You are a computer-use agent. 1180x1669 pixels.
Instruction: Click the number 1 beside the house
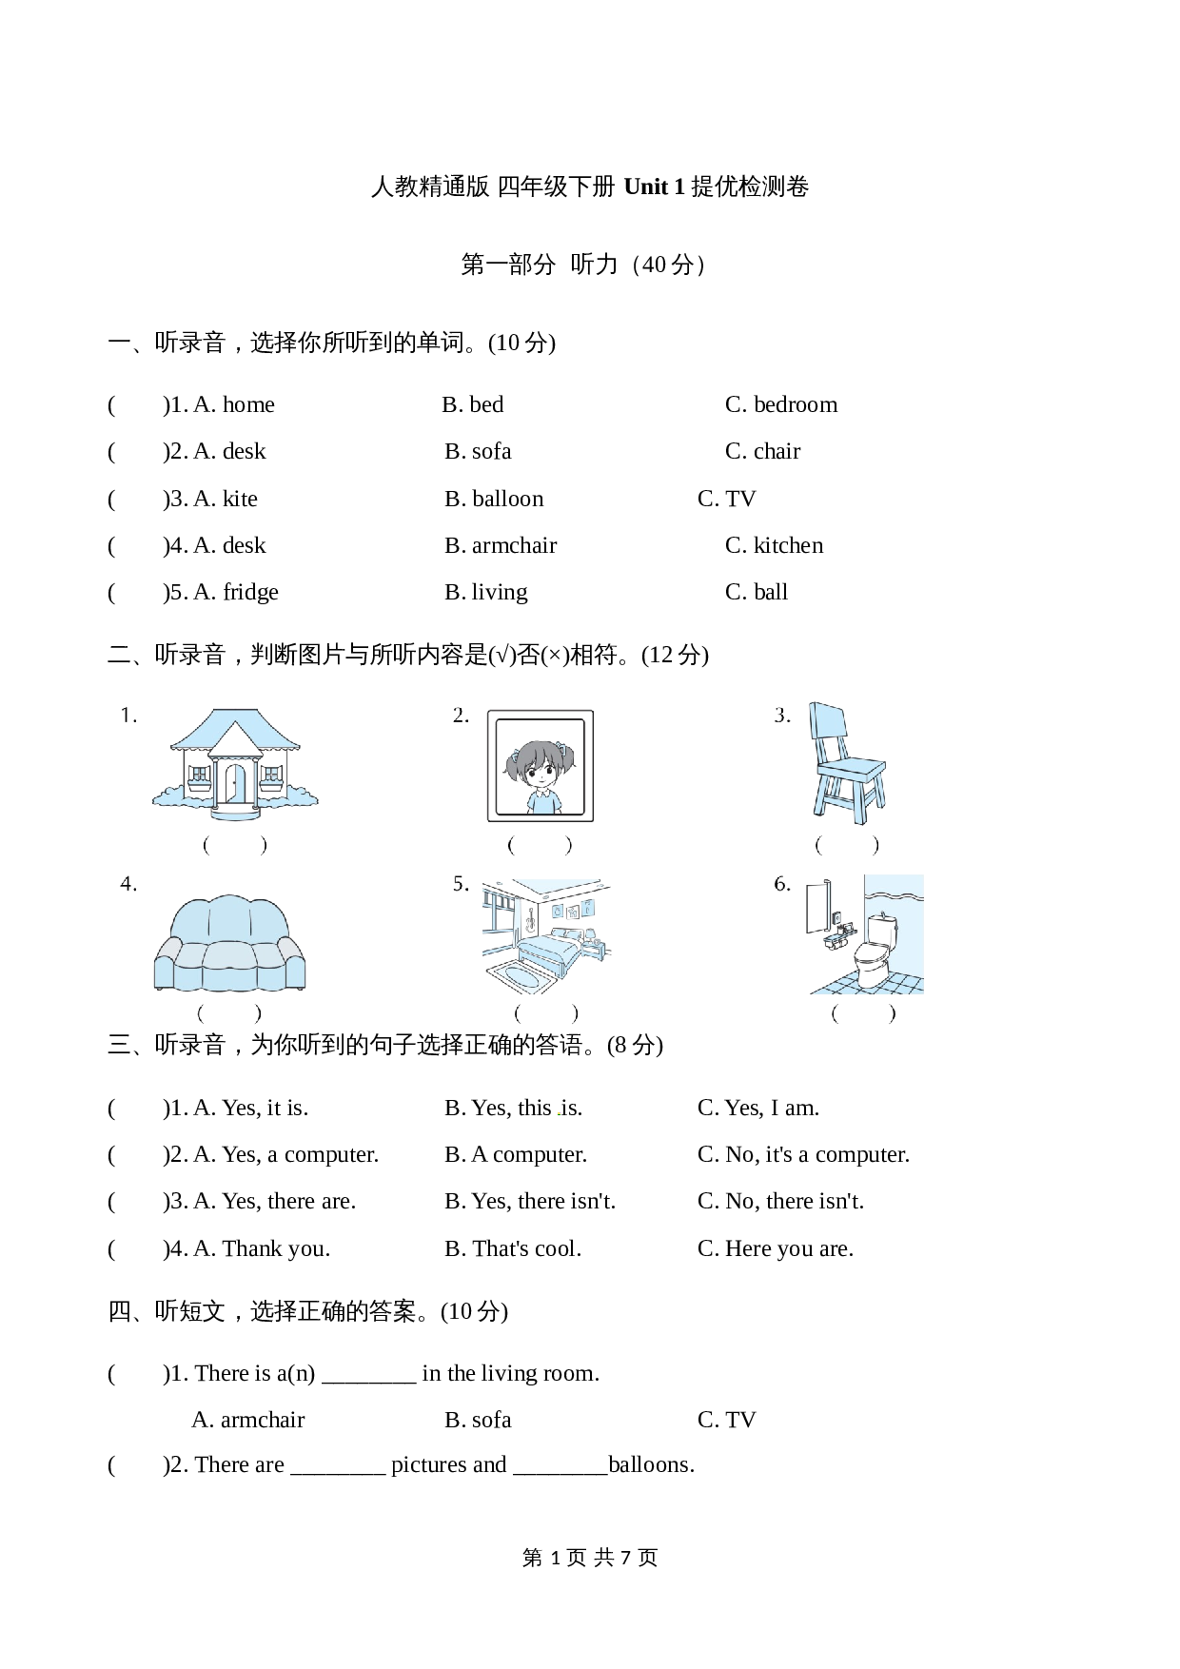coord(128,716)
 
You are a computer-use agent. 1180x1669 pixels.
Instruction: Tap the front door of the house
coord(235,785)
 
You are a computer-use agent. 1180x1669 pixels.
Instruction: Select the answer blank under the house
coord(235,844)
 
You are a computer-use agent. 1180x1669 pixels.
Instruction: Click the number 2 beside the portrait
coord(461,716)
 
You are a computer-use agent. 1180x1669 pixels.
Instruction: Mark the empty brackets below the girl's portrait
coord(540,844)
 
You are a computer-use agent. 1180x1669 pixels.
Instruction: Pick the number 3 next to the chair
coord(781,716)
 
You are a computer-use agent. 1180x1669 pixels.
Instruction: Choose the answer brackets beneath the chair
coord(847,844)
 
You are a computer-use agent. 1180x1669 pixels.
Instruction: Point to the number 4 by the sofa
coord(128,884)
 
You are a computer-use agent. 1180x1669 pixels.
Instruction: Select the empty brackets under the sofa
coord(229,1013)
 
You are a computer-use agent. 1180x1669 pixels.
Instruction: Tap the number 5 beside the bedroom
coord(461,884)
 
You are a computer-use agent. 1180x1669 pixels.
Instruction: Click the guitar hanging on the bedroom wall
coord(530,919)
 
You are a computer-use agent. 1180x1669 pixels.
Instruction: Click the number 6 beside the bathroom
coord(781,884)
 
